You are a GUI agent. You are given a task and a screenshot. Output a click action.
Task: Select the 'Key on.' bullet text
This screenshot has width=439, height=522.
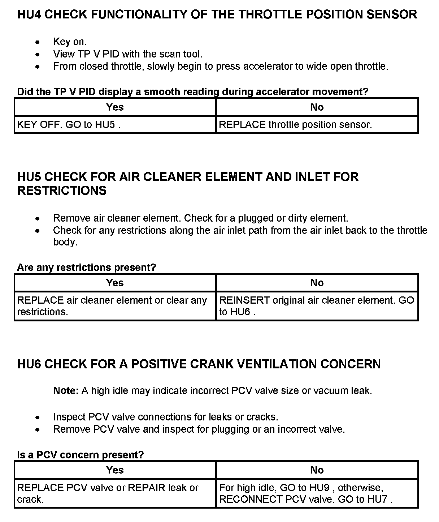coord(70,42)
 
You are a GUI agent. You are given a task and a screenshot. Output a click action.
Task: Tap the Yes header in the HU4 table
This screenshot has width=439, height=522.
coord(115,107)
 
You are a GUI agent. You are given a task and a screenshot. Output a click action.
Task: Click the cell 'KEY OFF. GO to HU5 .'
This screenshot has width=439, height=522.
coord(69,125)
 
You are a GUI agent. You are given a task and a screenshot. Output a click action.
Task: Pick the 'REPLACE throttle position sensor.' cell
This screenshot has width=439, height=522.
coord(295,125)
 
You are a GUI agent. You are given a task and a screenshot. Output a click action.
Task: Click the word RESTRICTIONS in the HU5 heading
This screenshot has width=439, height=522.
coord(62,191)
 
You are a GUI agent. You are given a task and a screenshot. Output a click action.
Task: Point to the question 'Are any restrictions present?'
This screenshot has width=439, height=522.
coord(86,268)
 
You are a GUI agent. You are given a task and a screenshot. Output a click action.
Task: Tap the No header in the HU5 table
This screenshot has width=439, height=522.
coord(317,283)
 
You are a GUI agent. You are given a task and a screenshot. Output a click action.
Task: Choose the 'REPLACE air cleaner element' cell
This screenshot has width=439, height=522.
coord(112,306)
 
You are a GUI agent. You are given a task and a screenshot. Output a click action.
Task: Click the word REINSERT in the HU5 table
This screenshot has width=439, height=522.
coord(244,300)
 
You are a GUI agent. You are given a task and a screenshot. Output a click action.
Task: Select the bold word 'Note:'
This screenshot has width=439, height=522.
coord(66,391)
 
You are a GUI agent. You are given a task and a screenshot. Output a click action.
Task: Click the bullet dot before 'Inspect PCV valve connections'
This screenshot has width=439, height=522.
coord(38,417)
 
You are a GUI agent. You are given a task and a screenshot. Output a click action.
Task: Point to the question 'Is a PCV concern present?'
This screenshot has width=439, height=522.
coord(80,455)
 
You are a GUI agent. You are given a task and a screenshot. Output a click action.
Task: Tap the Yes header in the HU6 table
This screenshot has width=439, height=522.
coord(115,470)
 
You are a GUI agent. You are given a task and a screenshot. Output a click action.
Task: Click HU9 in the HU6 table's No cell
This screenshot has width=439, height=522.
coord(319,488)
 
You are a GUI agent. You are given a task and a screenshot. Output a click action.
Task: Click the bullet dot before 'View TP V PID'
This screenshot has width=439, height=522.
coord(38,54)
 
